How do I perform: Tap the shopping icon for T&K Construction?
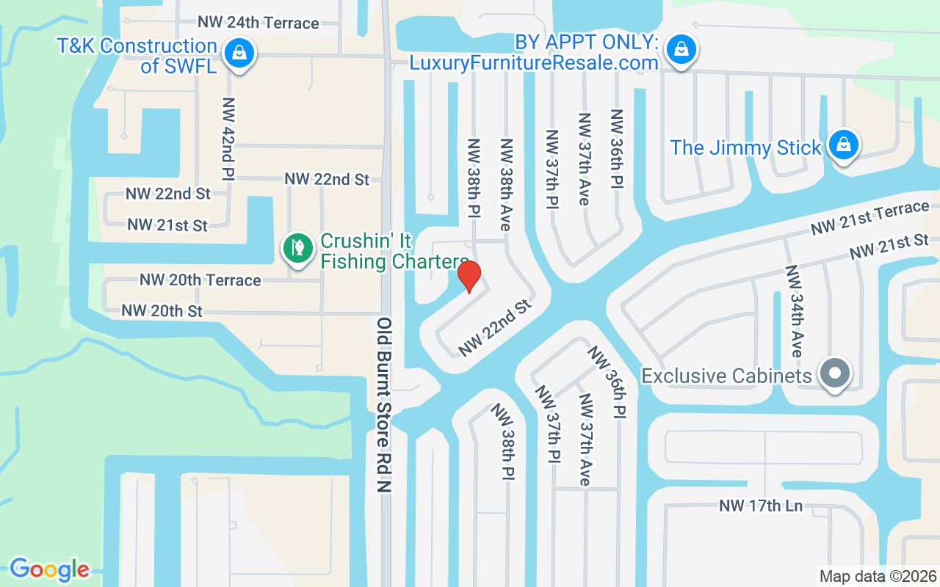tap(239, 53)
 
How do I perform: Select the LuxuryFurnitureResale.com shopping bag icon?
tap(681, 50)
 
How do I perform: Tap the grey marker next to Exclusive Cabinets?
tap(834, 374)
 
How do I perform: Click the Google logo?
tap(49, 569)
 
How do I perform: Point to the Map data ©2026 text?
tap(878, 576)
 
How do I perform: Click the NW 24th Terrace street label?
tap(258, 23)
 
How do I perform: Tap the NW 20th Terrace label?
tap(200, 280)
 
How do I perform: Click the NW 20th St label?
tap(162, 311)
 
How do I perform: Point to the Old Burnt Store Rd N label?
tap(384, 405)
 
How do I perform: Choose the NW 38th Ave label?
tap(505, 184)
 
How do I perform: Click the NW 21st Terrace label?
tap(869, 218)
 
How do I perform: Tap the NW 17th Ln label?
tap(760, 506)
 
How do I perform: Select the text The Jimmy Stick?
tap(745, 147)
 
